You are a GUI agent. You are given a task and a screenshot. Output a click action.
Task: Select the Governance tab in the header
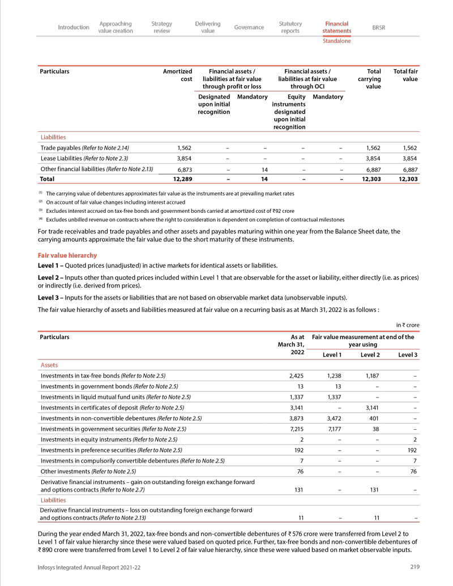249,27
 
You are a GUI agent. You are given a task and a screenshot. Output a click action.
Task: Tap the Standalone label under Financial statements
336,41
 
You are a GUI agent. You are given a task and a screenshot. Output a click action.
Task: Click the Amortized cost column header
178,75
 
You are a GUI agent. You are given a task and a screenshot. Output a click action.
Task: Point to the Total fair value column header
405,75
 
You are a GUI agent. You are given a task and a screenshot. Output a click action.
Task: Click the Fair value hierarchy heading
67,255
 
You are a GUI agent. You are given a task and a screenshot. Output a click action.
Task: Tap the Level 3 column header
408,355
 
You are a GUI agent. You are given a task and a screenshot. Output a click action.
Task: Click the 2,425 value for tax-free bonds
297,375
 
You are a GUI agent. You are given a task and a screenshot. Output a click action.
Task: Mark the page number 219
414,567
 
